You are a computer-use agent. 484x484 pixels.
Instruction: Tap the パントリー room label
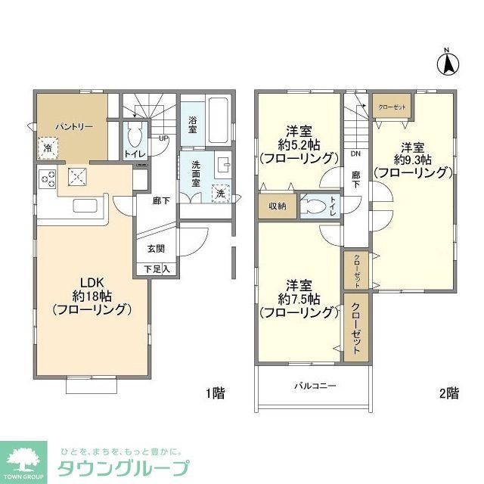pyautogui.click(x=73, y=126)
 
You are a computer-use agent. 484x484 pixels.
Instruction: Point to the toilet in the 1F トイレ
pyautogui.click(x=136, y=138)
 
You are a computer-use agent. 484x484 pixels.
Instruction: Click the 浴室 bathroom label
pyautogui.click(x=193, y=124)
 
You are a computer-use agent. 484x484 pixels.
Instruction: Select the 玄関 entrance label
pyautogui.click(x=156, y=249)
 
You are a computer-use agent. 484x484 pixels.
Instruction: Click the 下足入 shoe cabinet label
pyautogui.click(x=157, y=268)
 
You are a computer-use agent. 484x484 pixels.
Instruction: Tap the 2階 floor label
pyautogui.click(x=448, y=392)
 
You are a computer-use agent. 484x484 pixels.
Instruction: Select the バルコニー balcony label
pyautogui.click(x=315, y=386)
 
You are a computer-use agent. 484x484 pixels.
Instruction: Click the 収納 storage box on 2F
pyautogui.click(x=278, y=206)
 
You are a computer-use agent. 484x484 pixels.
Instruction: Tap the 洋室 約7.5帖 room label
pyautogui.click(x=297, y=298)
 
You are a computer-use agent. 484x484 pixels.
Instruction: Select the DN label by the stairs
pyautogui.click(x=355, y=154)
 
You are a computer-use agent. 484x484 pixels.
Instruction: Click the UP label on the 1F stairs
pyautogui.click(x=163, y=138)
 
